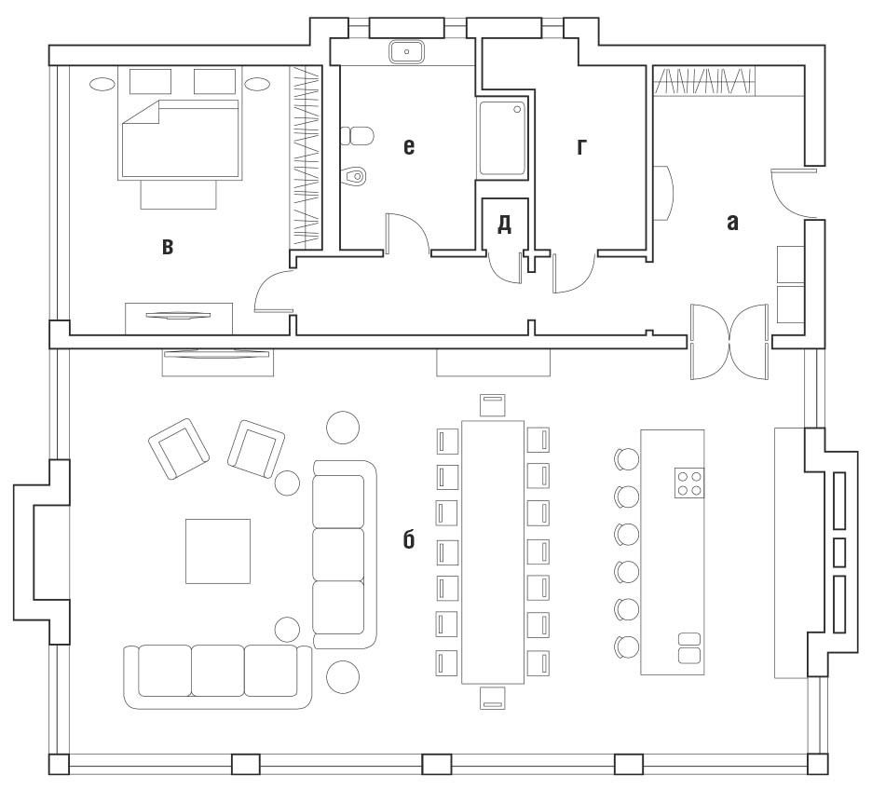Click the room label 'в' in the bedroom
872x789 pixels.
pos(168,246)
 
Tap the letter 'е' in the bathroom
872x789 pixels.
pos(409,146)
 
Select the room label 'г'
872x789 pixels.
pos(581,146)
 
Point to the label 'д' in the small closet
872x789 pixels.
pos(504,224)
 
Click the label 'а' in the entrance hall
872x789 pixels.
pos(733,223)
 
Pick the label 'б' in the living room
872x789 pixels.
pos(409,538)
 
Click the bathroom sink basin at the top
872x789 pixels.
pos(406,52)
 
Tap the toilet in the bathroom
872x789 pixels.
pos(357,135)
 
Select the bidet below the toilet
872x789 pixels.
pos(354,176)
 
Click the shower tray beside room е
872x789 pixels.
pos(502,138)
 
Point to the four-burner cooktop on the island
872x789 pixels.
pos(689,483)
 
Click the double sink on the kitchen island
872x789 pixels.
pos(689,647)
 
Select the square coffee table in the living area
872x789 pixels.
pos(218,551)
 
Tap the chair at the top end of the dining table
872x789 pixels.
pos(493,405)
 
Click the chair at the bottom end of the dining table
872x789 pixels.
pos(493,698)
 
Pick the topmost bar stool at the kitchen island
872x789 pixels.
pos(627,460)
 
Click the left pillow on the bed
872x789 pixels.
pos(150,81)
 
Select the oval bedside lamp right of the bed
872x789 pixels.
pos(257,84)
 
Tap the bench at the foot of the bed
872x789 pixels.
pos(179,195)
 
